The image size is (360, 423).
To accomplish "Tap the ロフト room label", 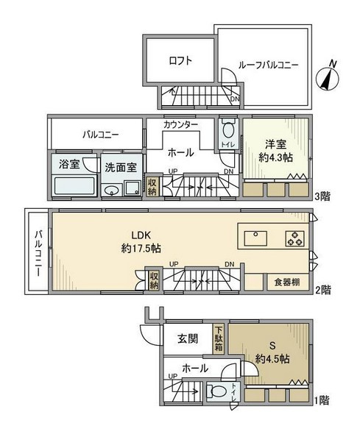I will [x=179, y=62].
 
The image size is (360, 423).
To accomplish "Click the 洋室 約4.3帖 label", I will [x=275, y=150].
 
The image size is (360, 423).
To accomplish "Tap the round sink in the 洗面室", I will [x=112, y=191].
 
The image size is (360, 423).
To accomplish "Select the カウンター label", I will [x=180, y=125].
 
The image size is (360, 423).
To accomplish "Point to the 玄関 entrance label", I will [x=188, y=339].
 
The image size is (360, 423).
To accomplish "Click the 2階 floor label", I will [x=322, y=290].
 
